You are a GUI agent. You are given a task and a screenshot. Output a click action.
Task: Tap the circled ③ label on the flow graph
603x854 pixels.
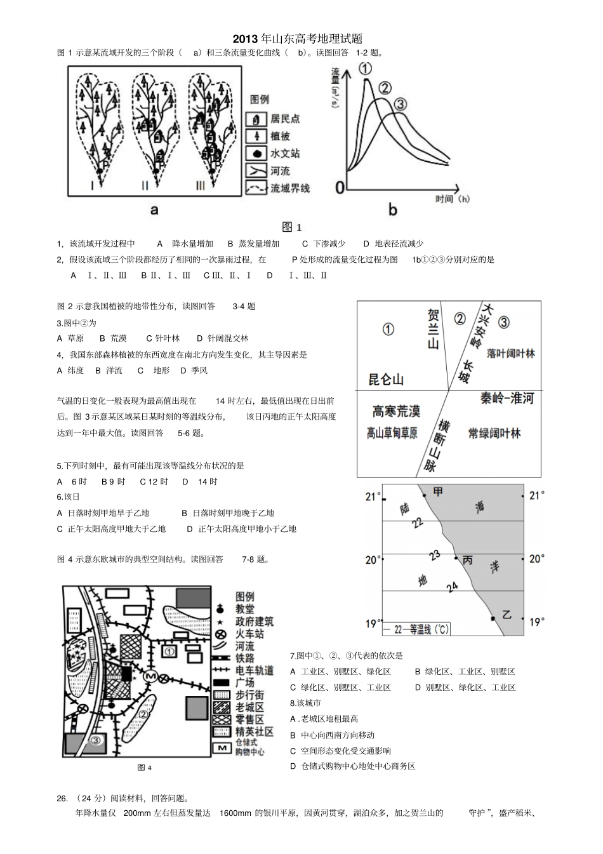pos(401,105)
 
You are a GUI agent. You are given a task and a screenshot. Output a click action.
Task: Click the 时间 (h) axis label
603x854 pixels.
pos(453,199)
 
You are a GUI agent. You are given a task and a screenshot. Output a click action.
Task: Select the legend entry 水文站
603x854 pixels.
pos(284,154)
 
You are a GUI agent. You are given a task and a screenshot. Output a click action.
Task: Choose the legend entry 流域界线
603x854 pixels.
pos(289,188)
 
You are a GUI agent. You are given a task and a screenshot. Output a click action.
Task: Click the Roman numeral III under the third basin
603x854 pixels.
pos(201,185)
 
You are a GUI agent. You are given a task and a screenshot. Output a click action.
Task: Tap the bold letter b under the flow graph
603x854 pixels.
pos(392,210)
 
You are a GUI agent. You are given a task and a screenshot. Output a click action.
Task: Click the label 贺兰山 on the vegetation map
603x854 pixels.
pos(433,329)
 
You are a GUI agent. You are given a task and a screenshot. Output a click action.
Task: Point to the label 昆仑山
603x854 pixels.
pos(386,380)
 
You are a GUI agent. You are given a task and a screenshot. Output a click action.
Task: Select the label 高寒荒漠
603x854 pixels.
pos(396,411)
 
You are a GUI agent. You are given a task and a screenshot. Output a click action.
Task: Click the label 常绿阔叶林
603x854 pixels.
pos(494,433)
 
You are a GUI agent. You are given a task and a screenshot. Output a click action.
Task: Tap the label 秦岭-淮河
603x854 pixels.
pos(506,399)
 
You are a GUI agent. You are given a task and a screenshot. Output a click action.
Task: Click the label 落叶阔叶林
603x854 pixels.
pos(510,354)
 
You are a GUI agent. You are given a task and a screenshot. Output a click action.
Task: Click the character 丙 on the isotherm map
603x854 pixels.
pos(468,560)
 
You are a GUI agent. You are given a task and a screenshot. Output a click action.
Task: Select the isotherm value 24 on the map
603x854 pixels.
pos(452,587)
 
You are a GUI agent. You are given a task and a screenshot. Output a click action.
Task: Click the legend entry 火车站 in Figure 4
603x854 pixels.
pos(249,634)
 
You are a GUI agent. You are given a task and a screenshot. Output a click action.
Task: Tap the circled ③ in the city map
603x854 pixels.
pos(95,739)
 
